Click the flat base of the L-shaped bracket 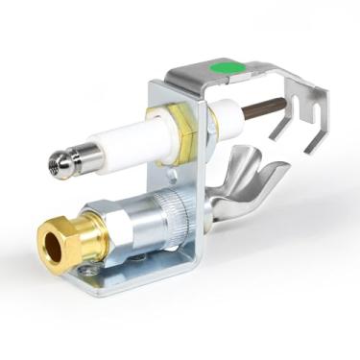coord(144,274)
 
